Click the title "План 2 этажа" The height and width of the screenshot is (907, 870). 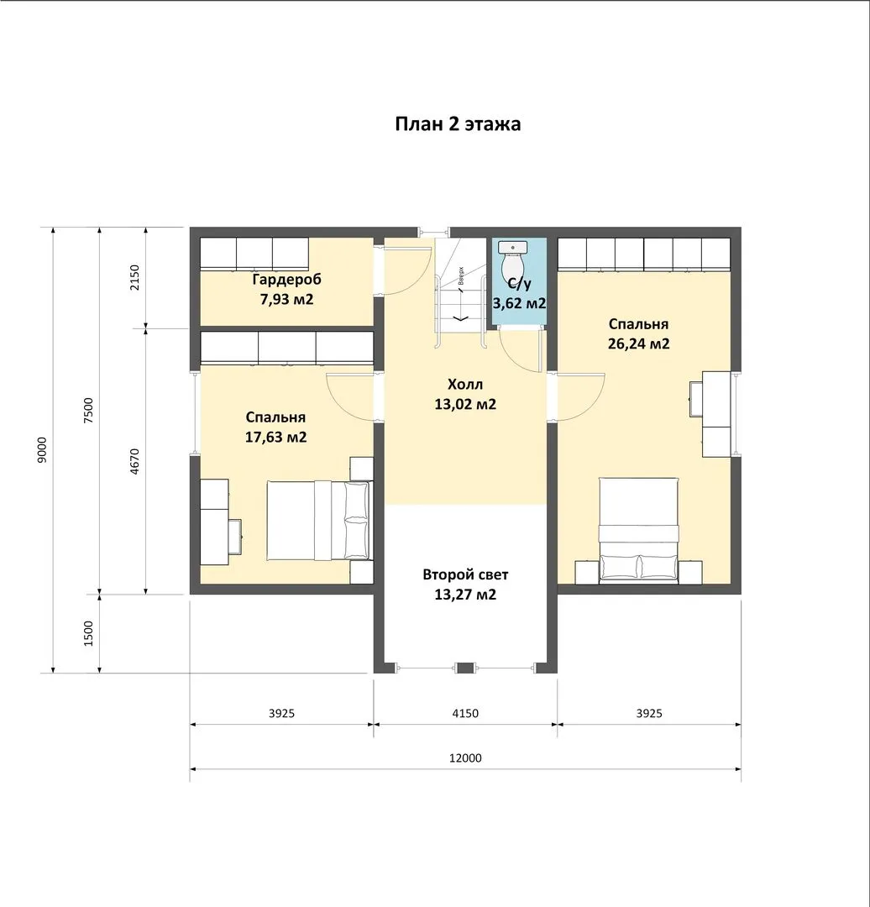(x=458, y=123)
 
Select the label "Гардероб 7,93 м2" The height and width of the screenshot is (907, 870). (x=286, y=289)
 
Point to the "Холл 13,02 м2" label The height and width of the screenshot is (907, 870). (x=465, y=394)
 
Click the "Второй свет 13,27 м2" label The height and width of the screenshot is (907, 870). (x=465, y=585)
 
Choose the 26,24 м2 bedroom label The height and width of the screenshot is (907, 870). (x=638, y=333)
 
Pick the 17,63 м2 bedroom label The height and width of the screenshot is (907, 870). (x=275, y=427)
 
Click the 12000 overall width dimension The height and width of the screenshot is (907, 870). (x=465, y=758)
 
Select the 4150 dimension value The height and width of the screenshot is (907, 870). (x=465, y=713)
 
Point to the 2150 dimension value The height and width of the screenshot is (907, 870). (x=134, y=278)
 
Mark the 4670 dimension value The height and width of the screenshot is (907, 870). (x=134, y=462)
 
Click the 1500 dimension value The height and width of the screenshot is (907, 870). (x=88, y=633)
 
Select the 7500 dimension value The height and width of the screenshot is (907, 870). (x=88, y=411)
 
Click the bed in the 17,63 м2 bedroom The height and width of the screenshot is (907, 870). (x=317, y=520)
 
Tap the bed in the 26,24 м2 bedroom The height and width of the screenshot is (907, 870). (x=638, y=530)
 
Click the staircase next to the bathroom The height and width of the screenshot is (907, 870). (x=461, y=292)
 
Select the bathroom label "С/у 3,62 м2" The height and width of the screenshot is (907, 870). (x=519, y=293)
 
